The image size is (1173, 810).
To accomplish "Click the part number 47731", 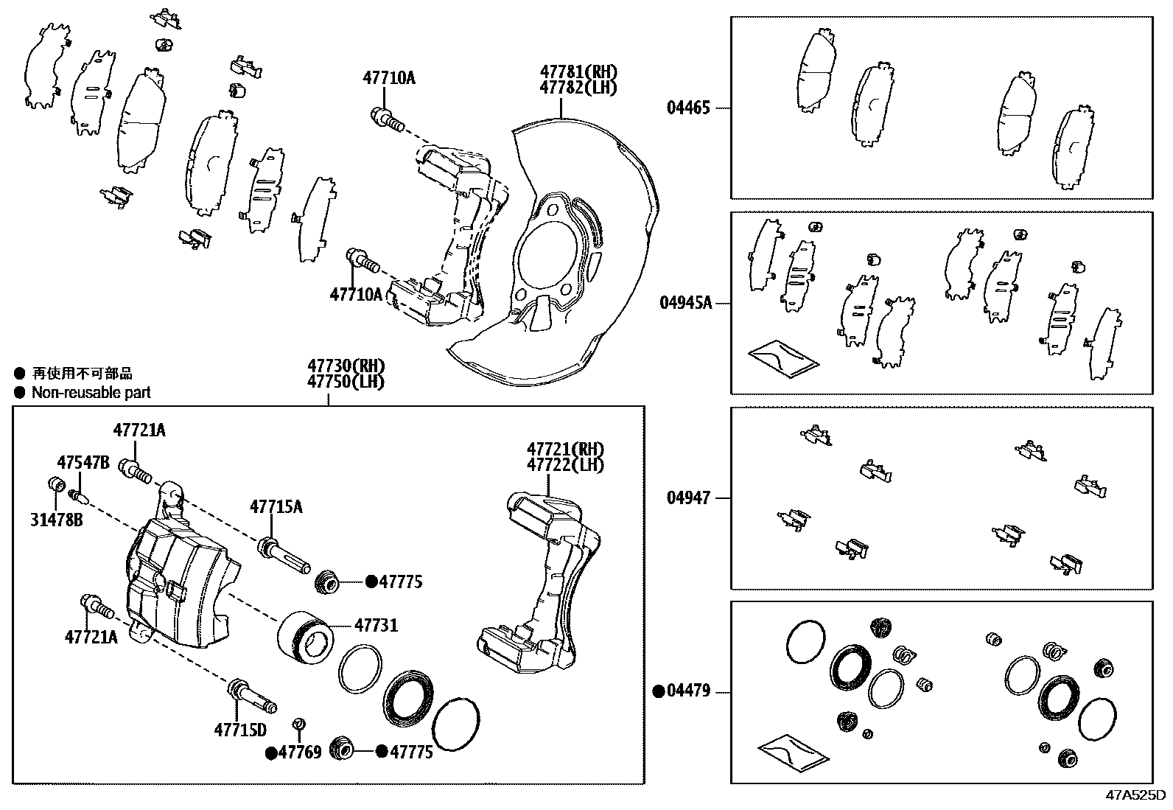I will [x=376, y=626].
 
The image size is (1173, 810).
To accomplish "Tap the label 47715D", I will [x=239, y=730].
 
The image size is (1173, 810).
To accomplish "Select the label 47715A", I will [x=276, y=506].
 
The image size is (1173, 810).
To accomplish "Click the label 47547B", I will [x=83, y=462].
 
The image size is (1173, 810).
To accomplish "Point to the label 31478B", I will [x=57, y=520].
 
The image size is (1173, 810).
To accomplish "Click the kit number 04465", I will [x=688, y=108].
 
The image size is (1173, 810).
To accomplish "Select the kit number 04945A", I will [x=685, y=302].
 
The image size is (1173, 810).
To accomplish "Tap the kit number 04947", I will [x=688, y=497].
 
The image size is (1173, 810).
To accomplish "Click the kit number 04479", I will [x=688, y=691].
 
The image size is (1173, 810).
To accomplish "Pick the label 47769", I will [x=299, y=753].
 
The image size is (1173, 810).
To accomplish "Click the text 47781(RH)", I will [x=578, y=72].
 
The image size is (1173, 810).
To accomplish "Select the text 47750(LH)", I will [x=346, y=382].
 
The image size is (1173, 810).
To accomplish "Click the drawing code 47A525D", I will [x=1135, y=795].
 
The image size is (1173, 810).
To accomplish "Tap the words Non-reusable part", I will [x=91, y=393].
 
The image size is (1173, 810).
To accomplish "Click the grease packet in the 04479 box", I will [x=792, y=752].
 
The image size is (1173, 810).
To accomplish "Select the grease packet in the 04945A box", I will [x=782, y=357].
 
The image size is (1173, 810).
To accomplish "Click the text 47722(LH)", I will [x=565, y=465].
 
